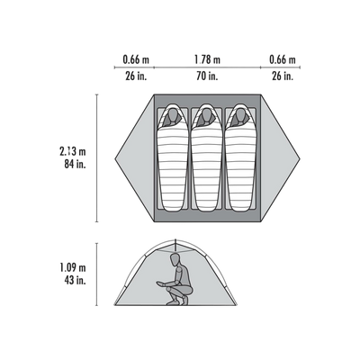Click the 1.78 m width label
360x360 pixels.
point(207,59)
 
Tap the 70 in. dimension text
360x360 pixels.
point(207,76)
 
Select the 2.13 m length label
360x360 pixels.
point(73,151)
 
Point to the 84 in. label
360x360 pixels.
point(75,165)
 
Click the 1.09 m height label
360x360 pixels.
point(73,267)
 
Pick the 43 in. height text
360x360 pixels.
point(75,280)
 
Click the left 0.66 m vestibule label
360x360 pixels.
point(136,59)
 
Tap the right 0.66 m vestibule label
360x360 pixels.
point(283,59)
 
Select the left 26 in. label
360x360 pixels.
point(136,76)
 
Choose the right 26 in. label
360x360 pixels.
point(283,76)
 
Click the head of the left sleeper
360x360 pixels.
point(172,114)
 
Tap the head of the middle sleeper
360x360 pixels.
point(206,114)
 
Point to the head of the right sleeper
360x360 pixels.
point(240,114)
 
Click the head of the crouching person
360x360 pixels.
point(175,258)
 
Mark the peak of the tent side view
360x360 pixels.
point(175,239)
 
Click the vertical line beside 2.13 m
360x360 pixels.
point(96,158)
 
